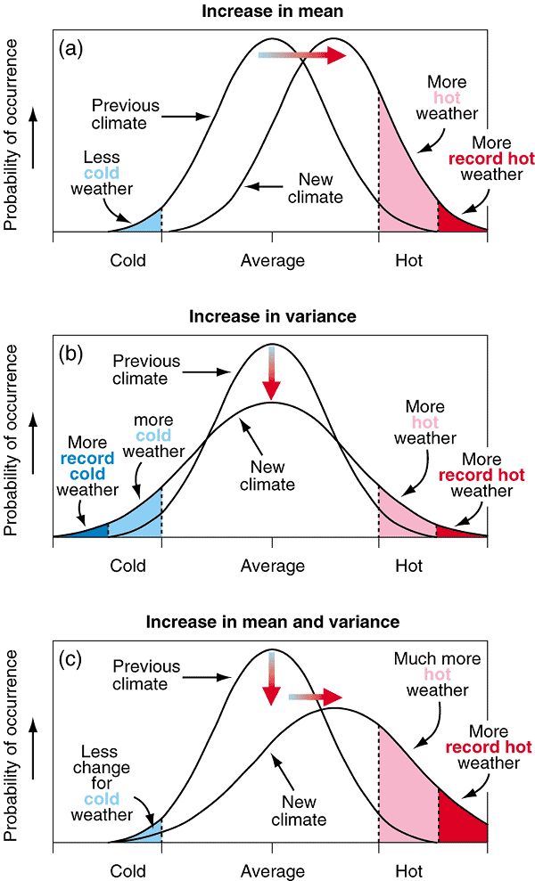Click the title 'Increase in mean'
click(271, 12)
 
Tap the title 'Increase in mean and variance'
click(271, 620)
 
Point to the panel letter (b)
click(71, 352)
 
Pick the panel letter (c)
click(71, 659)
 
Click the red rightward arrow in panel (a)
click(303, 55)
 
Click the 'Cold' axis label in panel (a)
click(128, 261)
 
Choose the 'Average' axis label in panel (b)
click(272, 566)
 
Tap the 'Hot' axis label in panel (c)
click(409, 871)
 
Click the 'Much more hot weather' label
click(437, 674)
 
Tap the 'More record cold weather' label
click(87, 466)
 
